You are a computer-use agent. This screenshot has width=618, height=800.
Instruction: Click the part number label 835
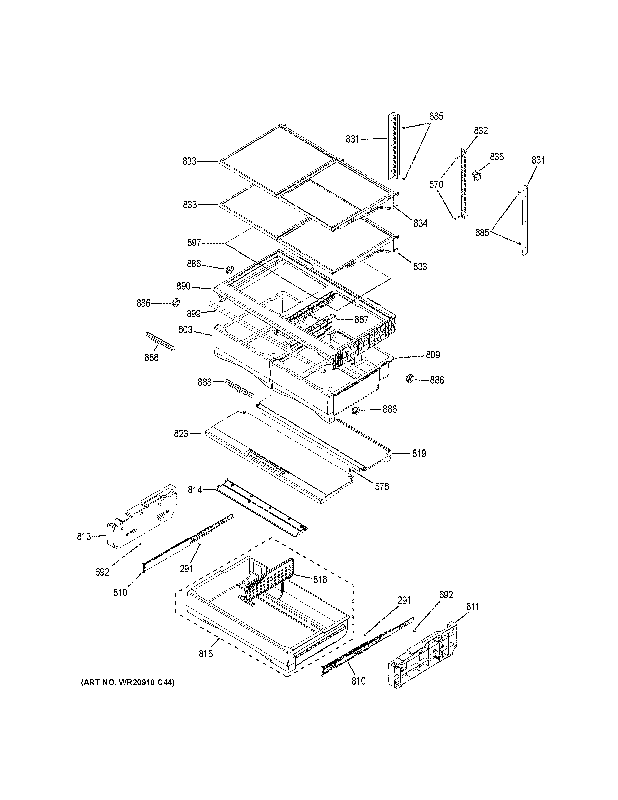[x=497, y=157]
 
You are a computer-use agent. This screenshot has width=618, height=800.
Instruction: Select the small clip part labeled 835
[x=476, y=175]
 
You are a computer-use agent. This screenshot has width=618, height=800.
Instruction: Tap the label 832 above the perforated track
[x=481, y=131]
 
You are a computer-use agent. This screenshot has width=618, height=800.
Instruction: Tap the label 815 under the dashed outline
[x=206, y=654]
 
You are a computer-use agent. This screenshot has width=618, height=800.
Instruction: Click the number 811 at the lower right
[x=472, y=607]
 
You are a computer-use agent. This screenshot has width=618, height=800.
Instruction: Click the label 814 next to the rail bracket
[x=195, y=489]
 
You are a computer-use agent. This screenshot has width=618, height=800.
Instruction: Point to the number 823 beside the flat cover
[x=181, y=434]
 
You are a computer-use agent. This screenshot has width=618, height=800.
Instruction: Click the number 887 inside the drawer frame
[x=361, y=320]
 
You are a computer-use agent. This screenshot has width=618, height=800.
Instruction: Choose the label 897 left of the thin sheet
[x=194, y=242]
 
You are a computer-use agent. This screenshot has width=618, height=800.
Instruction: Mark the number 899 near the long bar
[x=193, y=314]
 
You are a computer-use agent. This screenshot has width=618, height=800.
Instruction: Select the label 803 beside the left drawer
[x=185, y=330]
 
